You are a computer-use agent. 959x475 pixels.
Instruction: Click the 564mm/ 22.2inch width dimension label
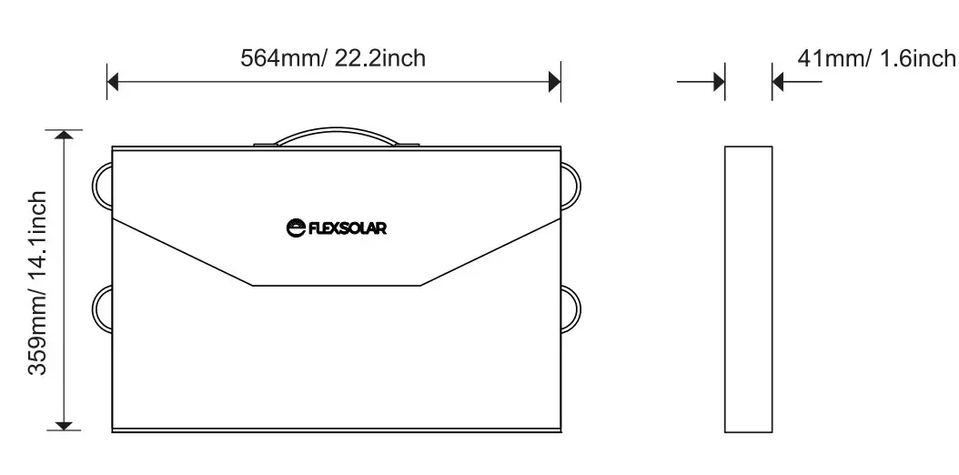(333, 58)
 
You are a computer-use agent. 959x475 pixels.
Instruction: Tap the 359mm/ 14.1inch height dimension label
(37, 283)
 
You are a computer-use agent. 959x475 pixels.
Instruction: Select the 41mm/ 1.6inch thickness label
(876, 58)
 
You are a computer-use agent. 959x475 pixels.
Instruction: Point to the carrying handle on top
(336, 135)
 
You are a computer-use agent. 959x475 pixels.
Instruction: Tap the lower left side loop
(101, 309)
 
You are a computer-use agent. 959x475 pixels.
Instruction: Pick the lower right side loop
(571, 309)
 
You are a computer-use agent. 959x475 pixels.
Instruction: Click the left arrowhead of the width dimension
(114, 82)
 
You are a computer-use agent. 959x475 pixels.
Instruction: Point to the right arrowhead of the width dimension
(554, 82)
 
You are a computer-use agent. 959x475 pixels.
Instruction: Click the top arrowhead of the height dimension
(64, 136)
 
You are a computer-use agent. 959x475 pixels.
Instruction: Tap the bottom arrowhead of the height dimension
(64, 424)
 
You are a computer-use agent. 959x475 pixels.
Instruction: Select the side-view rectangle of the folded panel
(748, 288)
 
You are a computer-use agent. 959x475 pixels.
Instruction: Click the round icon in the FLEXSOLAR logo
(295, 227)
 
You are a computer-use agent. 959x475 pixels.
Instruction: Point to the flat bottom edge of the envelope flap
(336, 286)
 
